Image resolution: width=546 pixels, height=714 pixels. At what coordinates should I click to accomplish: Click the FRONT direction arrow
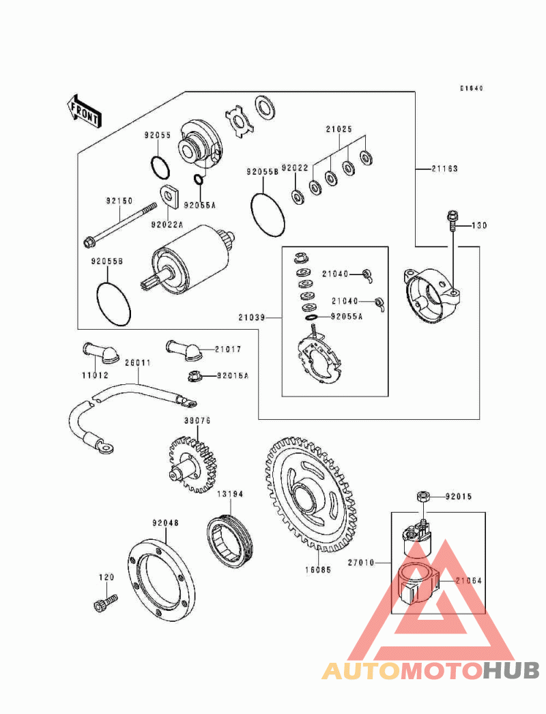tap(84, 111)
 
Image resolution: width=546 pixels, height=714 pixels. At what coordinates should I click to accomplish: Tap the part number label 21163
tap(444, 169)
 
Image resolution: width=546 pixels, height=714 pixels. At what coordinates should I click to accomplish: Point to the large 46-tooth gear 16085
tap(310, 494)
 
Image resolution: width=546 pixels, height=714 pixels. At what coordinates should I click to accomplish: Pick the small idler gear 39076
tap(190, 464)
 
